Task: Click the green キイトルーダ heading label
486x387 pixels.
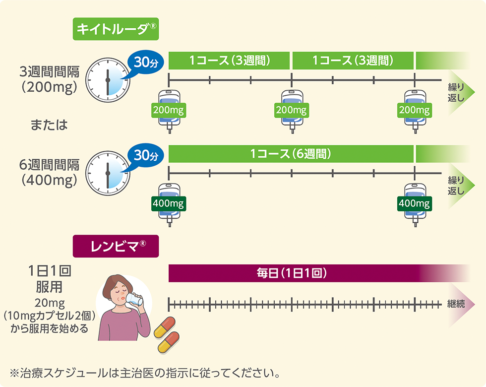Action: (116, 29)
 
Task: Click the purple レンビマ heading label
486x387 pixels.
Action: (116, 246)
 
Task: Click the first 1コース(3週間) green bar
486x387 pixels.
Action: (229, 61)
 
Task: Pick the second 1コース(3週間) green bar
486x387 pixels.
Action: (353, 61)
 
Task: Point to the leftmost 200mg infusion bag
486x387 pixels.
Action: (169, 110)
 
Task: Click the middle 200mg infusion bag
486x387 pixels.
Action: (291, 110)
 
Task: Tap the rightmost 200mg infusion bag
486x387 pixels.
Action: (415, 110)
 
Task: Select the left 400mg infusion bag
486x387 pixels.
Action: (169, 203)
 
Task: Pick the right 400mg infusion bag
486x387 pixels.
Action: (415, 203)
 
